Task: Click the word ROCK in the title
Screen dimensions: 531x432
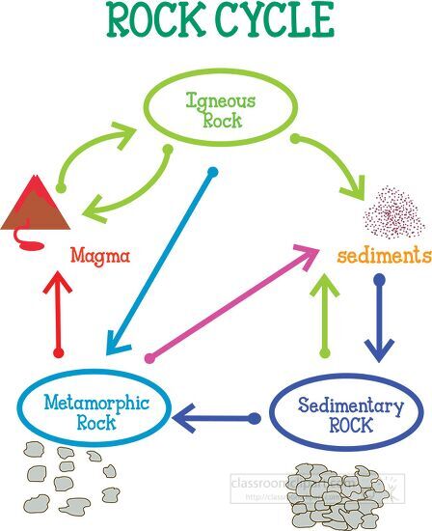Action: (x=154, y=19)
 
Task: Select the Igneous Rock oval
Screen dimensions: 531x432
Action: (x=216, y=108)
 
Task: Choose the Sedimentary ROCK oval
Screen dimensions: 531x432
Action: (x=343, y=413)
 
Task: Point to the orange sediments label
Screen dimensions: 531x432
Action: (x=383, y=256)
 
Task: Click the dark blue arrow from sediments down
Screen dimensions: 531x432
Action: (x=379, y=319)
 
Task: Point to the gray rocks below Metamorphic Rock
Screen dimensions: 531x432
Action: (x=67, y=478)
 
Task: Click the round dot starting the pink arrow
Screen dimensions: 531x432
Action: (x=149, y=358)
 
